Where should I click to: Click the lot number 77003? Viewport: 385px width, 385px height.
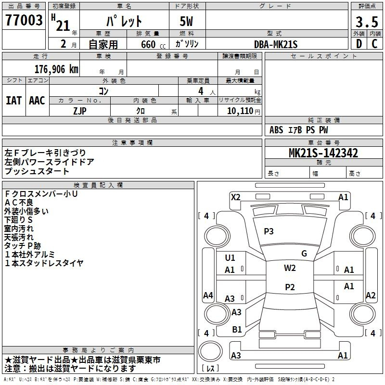tap(24, 20)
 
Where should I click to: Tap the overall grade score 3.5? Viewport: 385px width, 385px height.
tap(367, 22)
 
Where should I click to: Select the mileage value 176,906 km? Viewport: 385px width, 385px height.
tap(56, 69)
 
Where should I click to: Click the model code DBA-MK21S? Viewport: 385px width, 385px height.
tap(276, 44)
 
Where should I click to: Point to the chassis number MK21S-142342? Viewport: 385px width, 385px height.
tap(323, 153)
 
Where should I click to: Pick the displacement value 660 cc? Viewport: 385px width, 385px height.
tap(153, 45)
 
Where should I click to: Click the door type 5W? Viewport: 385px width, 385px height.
tap(186, 21)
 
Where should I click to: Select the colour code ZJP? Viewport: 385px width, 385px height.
tap(80, 111)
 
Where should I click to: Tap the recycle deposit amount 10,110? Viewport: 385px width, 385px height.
tap(240, 111)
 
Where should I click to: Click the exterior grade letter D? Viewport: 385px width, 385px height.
tap(359, 44)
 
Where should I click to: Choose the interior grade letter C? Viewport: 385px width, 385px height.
tap(374, 44)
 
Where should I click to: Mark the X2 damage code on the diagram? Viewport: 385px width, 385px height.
tap(235, 197)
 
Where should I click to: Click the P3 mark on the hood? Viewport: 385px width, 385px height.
tap(269, 231)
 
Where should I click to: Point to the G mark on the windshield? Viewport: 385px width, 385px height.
tap(304, 254)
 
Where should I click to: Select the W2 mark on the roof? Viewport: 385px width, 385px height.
tap(290, 268)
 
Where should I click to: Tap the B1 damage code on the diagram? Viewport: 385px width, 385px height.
tap(237, 330)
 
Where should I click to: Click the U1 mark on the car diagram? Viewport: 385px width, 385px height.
tap(230, 258)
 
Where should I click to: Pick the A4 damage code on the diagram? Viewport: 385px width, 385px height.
tap(208, 295)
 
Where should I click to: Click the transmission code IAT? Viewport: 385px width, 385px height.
tap(13, 101)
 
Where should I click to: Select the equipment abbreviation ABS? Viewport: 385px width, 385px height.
tap(276, 130)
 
